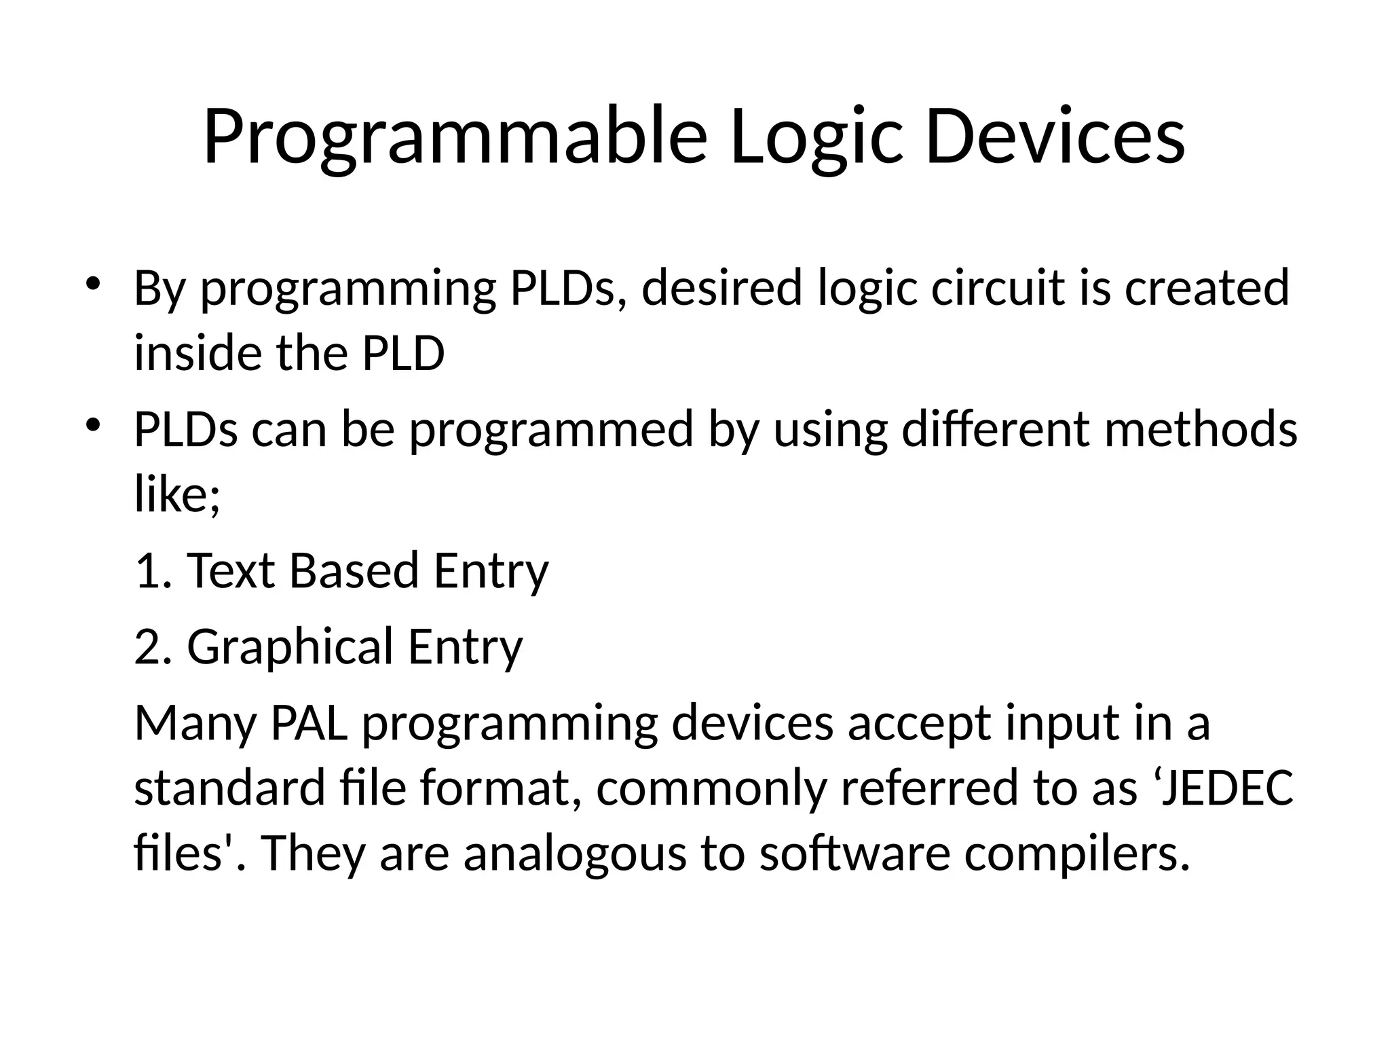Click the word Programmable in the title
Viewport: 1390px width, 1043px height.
455,137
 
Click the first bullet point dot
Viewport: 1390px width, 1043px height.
94,283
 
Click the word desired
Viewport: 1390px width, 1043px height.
722,287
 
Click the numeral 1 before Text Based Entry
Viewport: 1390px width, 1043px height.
147,570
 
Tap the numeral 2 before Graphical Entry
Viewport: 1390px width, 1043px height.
149,646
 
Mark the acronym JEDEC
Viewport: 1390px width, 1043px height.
1226,788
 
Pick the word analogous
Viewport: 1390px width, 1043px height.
574,854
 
